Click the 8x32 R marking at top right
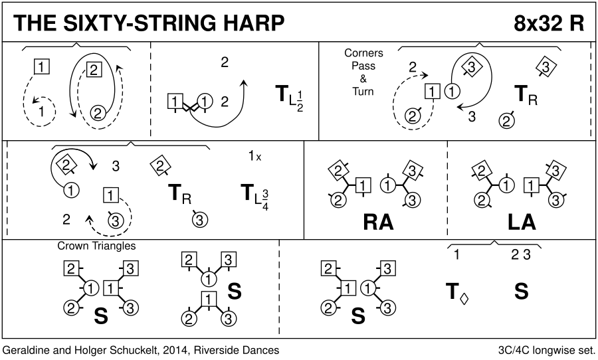tap(548, 23)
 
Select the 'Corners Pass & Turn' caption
tap(359, 72)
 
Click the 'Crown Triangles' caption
tap(96, 246)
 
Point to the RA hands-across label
tap(378, 222)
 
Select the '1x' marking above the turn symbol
tap(254, 157)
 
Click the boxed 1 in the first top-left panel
tap(41, 66)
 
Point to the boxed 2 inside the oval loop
tap(94, 68)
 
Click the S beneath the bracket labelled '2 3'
tap(521, 291)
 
